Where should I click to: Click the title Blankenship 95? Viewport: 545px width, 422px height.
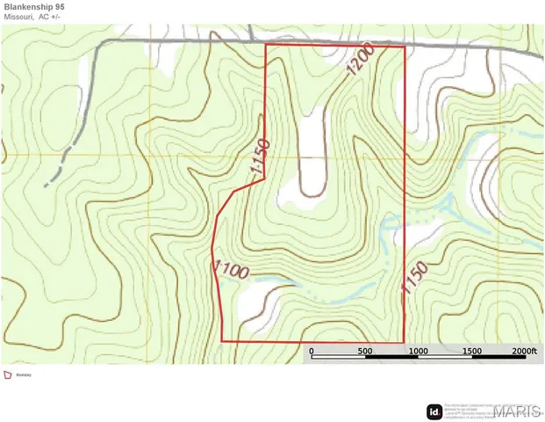point(34,6)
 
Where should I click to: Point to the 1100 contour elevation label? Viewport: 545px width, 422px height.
point(231,269)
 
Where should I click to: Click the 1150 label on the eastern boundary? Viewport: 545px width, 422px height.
point(414,280)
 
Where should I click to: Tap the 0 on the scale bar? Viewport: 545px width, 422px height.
point(312,352)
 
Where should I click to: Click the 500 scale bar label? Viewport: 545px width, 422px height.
point(365,352)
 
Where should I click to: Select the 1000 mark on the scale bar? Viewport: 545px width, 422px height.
point(418,352)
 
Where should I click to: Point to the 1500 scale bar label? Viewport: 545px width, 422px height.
point(471,352)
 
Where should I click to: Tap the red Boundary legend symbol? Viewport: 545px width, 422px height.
point(8,375)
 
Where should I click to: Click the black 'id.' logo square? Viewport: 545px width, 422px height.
point(434,411)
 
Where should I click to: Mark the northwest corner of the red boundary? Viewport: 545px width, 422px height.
point(266,44)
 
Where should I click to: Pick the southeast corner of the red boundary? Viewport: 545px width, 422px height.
point(404,342)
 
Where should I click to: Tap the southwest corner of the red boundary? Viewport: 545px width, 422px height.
point(222,340)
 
